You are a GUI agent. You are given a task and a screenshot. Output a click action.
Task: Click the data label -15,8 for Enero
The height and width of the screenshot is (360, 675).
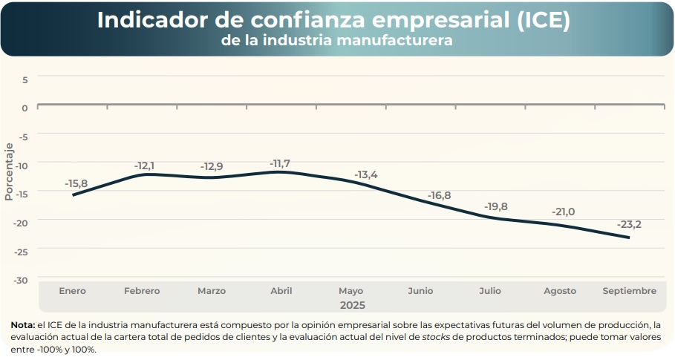76,183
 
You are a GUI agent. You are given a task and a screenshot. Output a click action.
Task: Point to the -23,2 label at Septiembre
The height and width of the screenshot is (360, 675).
628,224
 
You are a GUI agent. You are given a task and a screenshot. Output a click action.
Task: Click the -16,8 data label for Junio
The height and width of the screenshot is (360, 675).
439,195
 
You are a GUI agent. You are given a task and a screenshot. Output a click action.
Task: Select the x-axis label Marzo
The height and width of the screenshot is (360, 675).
212,291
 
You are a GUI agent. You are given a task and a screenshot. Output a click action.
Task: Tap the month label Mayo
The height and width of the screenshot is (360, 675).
350,291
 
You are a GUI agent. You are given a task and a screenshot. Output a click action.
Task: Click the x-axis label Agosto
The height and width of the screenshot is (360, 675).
559,291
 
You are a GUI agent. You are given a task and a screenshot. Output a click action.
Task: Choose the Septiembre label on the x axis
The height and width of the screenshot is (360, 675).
629,291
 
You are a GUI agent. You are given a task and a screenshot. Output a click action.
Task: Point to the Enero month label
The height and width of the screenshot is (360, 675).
72,291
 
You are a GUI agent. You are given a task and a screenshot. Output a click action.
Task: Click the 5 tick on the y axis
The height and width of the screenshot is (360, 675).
25,79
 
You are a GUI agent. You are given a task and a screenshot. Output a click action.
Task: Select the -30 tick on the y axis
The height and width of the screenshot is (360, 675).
22,280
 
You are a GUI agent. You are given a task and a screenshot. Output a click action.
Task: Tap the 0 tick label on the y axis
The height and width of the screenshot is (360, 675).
25,108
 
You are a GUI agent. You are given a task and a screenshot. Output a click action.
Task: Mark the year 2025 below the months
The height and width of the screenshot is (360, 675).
353,304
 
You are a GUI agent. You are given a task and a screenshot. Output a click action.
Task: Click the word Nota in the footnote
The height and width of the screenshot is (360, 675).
22,324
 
